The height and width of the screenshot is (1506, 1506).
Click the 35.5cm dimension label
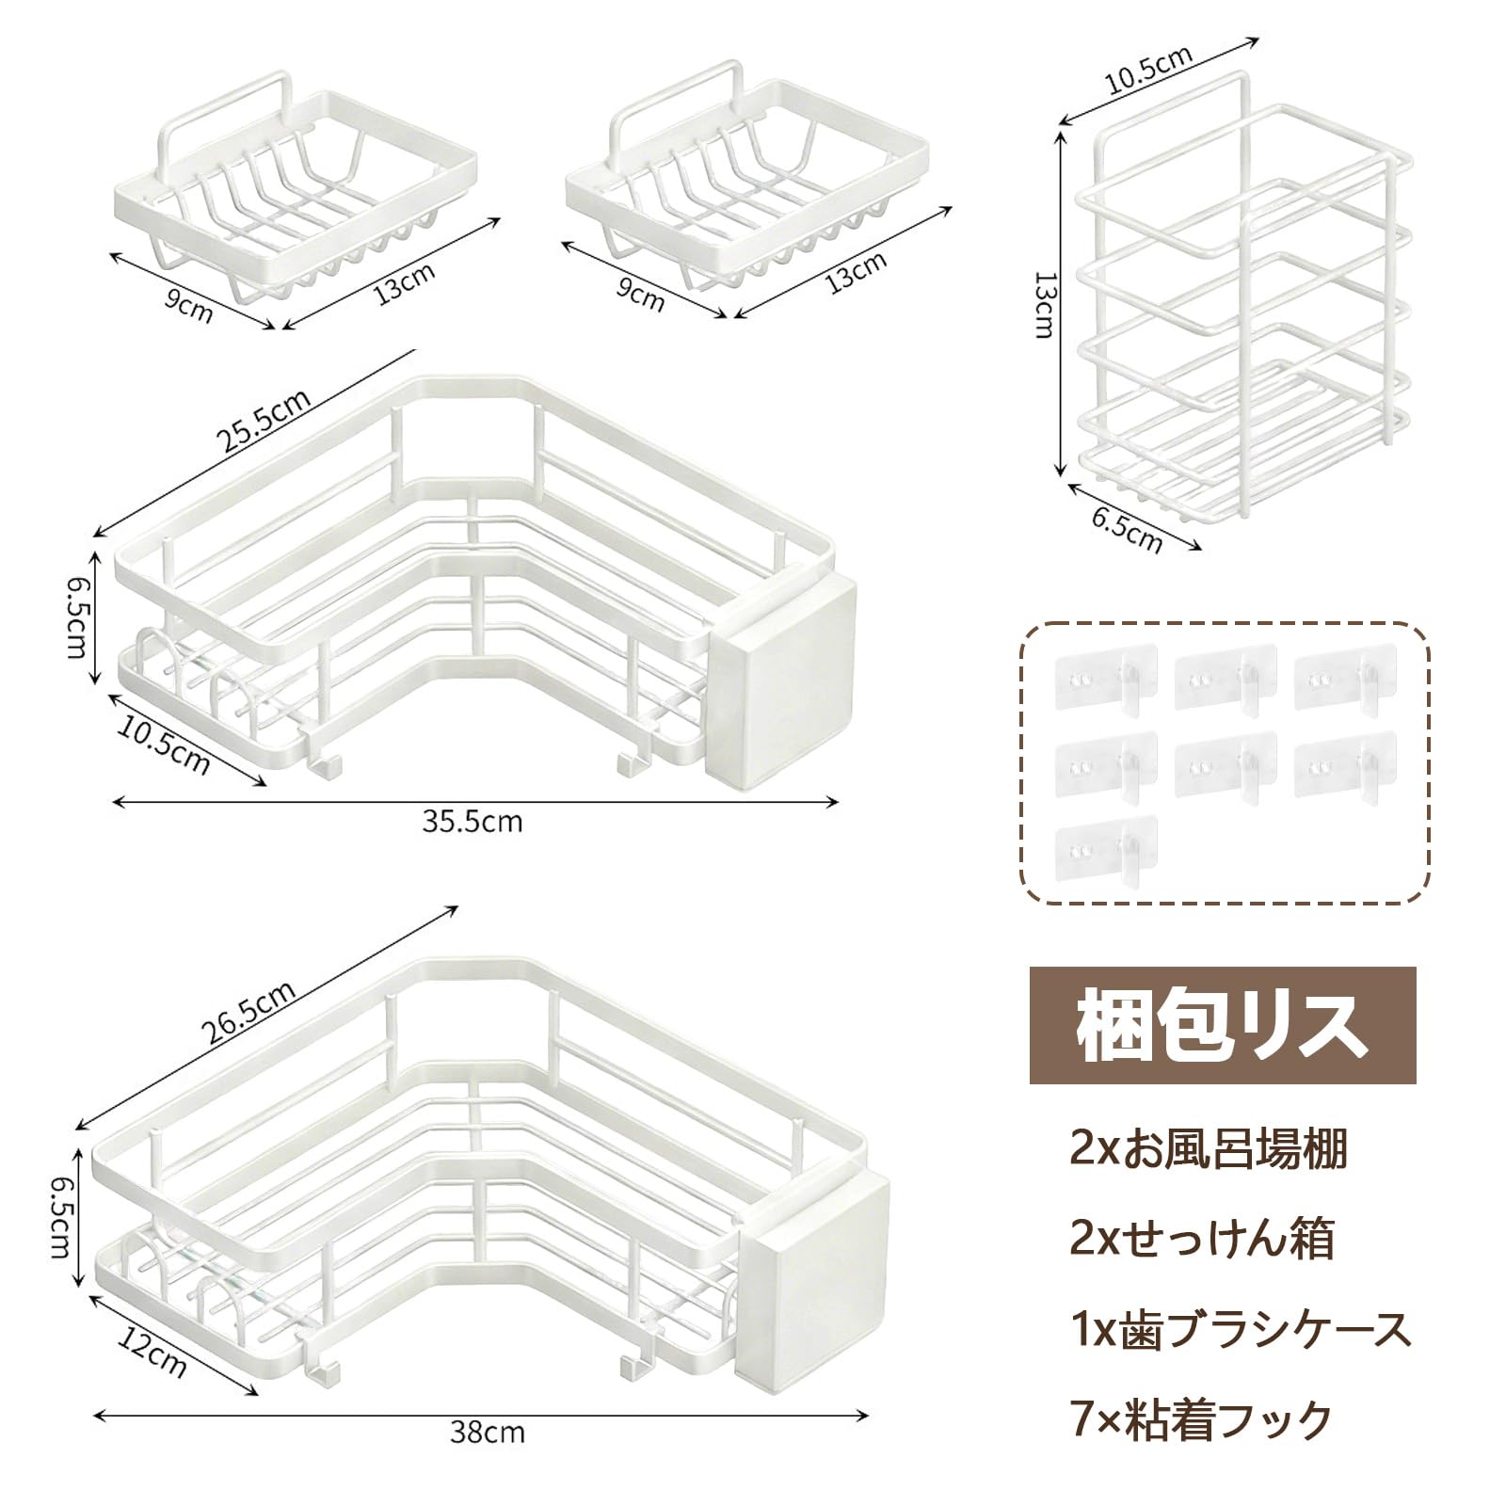pos(472,822)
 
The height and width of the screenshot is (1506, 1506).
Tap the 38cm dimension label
pos(487,1434)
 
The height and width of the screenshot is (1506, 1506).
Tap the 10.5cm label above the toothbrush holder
pos(1148,69)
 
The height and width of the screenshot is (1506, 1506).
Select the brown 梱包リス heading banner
pos(1222,1025)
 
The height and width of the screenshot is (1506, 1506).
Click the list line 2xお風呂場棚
pos(1209,1149)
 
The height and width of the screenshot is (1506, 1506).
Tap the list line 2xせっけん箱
pos(1202,1240)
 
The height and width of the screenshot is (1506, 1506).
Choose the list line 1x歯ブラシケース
pos(1241,1330)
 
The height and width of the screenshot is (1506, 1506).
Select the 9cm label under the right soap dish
pos(640,294)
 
